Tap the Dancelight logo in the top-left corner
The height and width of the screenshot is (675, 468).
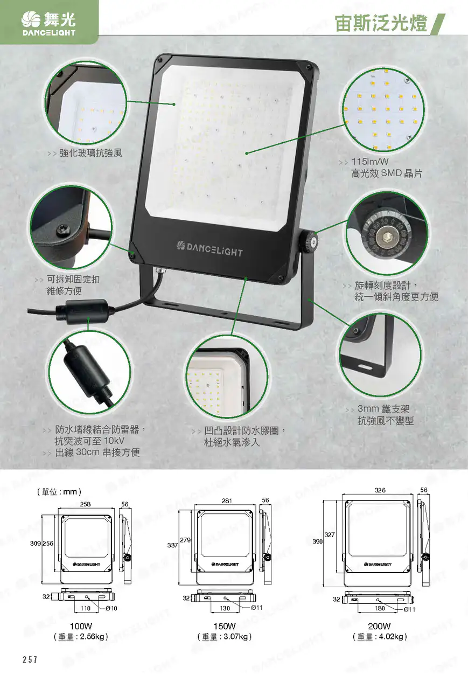click(x=48, y=24)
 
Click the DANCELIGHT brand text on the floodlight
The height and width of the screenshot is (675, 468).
click(x=209, y=249)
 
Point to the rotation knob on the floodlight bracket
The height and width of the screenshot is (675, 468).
click(x=309, y=241)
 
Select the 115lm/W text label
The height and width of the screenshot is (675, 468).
click(x=370, y=162)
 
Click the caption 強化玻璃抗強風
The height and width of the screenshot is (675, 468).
click(x=91, y=153)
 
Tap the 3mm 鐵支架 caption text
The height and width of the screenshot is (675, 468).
click(x=383, y=409)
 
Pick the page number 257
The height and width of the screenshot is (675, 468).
click(x=30, y=659)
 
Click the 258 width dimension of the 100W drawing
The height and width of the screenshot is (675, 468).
click(x=85, y=504)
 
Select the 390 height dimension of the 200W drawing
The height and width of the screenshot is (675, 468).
click(x=317, y=541)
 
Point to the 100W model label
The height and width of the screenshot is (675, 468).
click(x=81, y=626)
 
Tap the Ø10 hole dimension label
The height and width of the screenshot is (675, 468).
click(x=111, y=608)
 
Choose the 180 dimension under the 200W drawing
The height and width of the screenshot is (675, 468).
click(x=380, y=608)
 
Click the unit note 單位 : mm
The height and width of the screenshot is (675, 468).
click(x=59, y=492)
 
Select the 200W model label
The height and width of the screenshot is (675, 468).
click(x=379, y=626)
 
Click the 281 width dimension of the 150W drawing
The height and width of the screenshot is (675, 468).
click(x=227, y=501)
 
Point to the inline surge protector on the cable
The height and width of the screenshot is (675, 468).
click(x=82, y=311)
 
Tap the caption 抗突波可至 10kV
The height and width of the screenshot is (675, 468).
click(x=89, y=441)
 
